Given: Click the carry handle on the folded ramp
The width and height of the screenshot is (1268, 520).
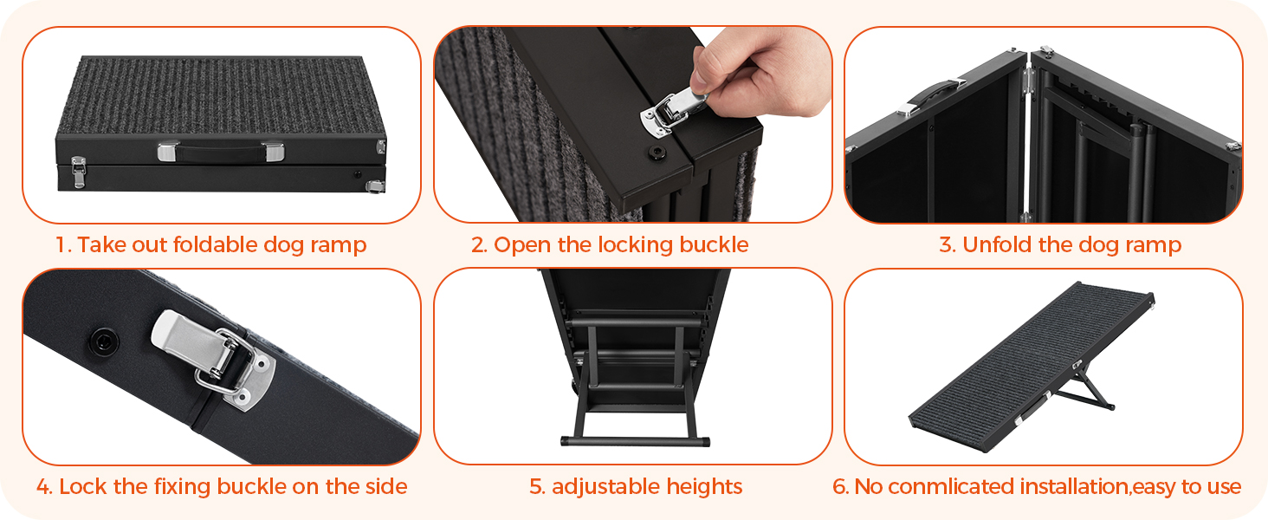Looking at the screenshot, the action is [221, 152].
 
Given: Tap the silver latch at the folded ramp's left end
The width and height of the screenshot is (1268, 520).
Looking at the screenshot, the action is [78, 172].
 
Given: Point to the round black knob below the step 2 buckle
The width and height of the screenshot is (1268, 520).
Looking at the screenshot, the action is [657, 153].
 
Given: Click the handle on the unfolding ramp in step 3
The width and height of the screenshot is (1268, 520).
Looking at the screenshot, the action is [933, 96].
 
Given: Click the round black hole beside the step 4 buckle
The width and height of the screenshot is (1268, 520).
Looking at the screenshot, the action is [105, 341].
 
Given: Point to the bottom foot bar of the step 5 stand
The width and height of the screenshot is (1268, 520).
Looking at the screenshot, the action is [635, 440].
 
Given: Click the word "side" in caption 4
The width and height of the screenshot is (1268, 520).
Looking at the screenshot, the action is [386, 486].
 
